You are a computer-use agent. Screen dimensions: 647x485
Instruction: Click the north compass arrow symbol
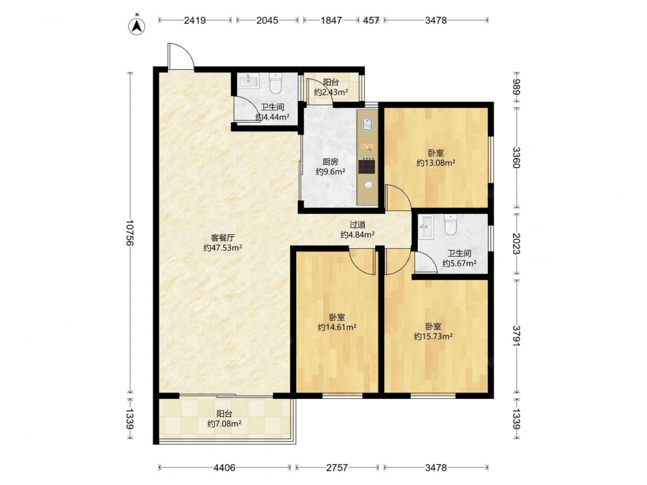click(137, 26)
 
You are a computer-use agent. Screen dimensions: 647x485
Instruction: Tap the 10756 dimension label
click(130, 233)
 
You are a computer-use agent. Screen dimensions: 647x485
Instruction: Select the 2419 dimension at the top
click(195, 20)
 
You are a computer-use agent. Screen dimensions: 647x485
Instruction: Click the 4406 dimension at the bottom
click(225, 468)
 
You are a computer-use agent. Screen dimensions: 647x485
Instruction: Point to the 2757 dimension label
click(337, 468)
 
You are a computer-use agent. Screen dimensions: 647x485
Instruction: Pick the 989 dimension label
click(516, 87)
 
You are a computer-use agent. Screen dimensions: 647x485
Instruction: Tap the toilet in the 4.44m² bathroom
click(275, 83)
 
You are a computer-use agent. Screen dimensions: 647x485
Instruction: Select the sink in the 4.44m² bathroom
click(248, 80)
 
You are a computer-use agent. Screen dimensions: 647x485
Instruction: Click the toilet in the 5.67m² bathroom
click(450, 224)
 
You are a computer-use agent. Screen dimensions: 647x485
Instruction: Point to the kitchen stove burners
click(366, 166)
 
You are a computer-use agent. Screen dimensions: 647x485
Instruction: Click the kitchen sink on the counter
click(367, 124)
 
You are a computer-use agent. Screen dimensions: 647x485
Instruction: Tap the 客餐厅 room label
click(223, 238)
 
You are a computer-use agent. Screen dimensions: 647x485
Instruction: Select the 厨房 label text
click(331, 162)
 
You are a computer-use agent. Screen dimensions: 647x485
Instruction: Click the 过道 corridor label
click(357, 225)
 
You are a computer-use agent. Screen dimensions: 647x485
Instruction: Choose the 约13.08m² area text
click(435, 162)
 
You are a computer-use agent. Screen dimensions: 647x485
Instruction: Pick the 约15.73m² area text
click(433, 336)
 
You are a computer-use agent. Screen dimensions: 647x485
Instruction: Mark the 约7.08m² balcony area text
click(225, 423)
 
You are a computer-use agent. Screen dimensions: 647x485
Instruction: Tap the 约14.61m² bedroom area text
click(337, 327)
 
